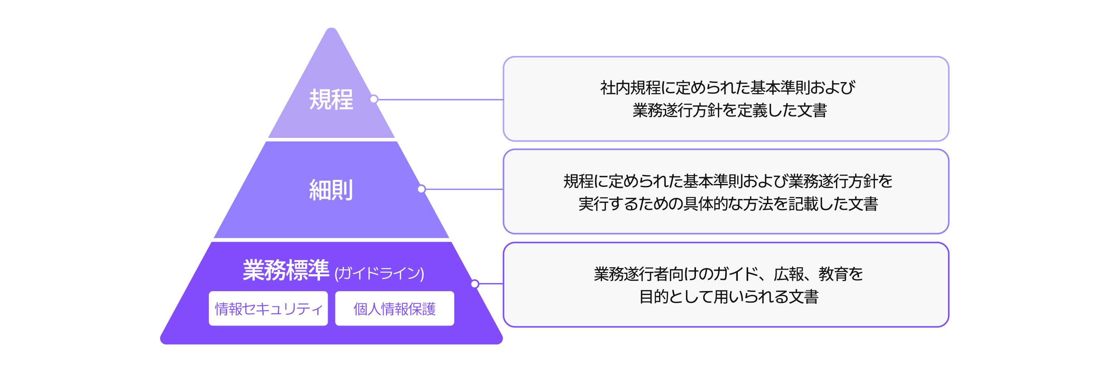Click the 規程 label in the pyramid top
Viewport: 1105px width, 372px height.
(x=331, y=100)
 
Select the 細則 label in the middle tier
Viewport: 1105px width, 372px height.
(x=331, y=190)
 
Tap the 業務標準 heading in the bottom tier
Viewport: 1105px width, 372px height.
(x=286, y=270)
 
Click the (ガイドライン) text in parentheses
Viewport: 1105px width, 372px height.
(x=379, y=273)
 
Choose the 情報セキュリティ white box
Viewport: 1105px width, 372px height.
(x=268, y=309)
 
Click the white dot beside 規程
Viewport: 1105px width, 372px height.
(x=374, y=99)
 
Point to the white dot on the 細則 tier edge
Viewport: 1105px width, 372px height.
(x=422, y=189)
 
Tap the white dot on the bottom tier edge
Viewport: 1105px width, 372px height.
(x=475, y=284)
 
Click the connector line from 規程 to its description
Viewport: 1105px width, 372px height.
(x=440, y=100)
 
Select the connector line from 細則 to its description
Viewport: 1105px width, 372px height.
(x=463, y=189)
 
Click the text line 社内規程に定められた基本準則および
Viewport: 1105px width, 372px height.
(x=727, y=88)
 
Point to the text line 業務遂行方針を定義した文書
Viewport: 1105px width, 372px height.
(x=729, y=110)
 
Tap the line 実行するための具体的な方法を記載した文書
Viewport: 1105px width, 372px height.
(x=728, y=204)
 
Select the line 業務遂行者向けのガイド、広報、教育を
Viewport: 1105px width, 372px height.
(x=728, y=274)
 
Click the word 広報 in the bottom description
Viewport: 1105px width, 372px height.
(x=788, y=274)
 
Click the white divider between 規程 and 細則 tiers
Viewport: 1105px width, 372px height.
(x=331, y=139)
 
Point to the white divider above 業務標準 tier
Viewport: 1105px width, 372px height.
(x=331, y=240)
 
